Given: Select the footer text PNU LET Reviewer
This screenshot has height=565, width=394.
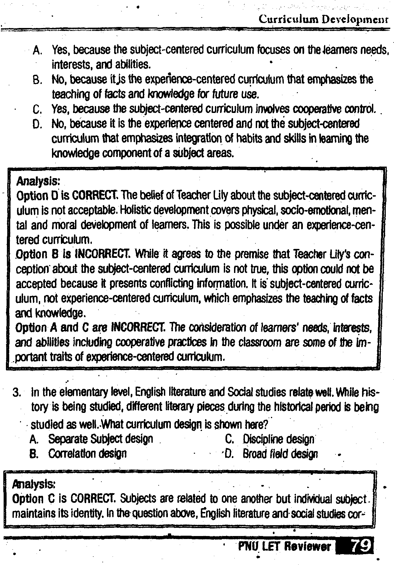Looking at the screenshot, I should click(x=284, y=547).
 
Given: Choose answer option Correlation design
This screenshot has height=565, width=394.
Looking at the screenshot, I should click(x=87, y=454).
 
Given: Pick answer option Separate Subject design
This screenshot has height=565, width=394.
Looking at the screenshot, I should click(x=100, y=439).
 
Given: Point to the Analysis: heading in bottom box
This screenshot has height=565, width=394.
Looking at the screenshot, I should click(x=33, y=484).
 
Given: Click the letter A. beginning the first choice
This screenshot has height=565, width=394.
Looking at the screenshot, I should click(x=38, y=50).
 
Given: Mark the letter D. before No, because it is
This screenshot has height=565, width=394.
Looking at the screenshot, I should click(x=38, y=124).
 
